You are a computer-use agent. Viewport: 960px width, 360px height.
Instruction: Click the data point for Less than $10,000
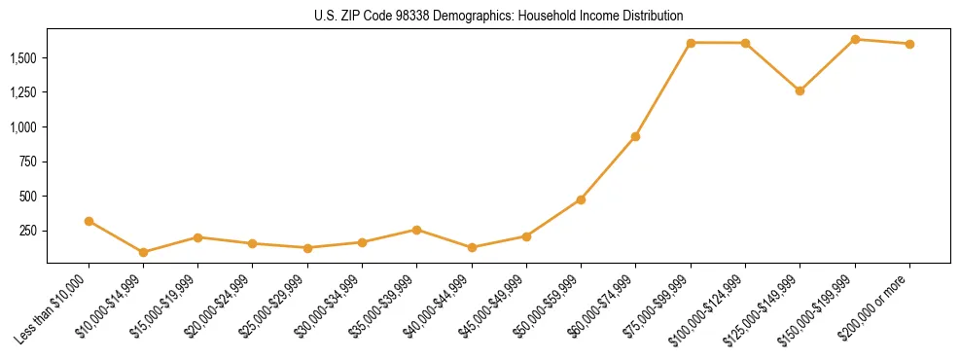tap(89, 221)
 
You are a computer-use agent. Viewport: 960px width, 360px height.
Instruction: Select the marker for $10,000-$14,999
tap(143, 252)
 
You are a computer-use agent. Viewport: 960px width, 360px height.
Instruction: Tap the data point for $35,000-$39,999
tap(416, 230)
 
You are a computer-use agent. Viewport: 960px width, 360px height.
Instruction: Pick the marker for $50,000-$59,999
tap(581, 199)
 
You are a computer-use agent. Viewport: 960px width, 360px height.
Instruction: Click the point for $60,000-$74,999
tap(635, 136)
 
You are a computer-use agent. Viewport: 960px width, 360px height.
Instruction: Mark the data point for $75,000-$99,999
tap(691, 43)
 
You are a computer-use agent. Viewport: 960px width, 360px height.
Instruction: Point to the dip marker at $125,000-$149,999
tap(800, 90)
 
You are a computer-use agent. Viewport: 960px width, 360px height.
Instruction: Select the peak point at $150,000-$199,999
tap(855, 39)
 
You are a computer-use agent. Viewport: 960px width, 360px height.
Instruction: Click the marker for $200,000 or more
tap(909, 44)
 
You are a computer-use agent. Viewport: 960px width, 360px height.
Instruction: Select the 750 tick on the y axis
tap(30, 162)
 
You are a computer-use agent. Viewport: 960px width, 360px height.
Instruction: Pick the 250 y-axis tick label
tap(30, 231)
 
